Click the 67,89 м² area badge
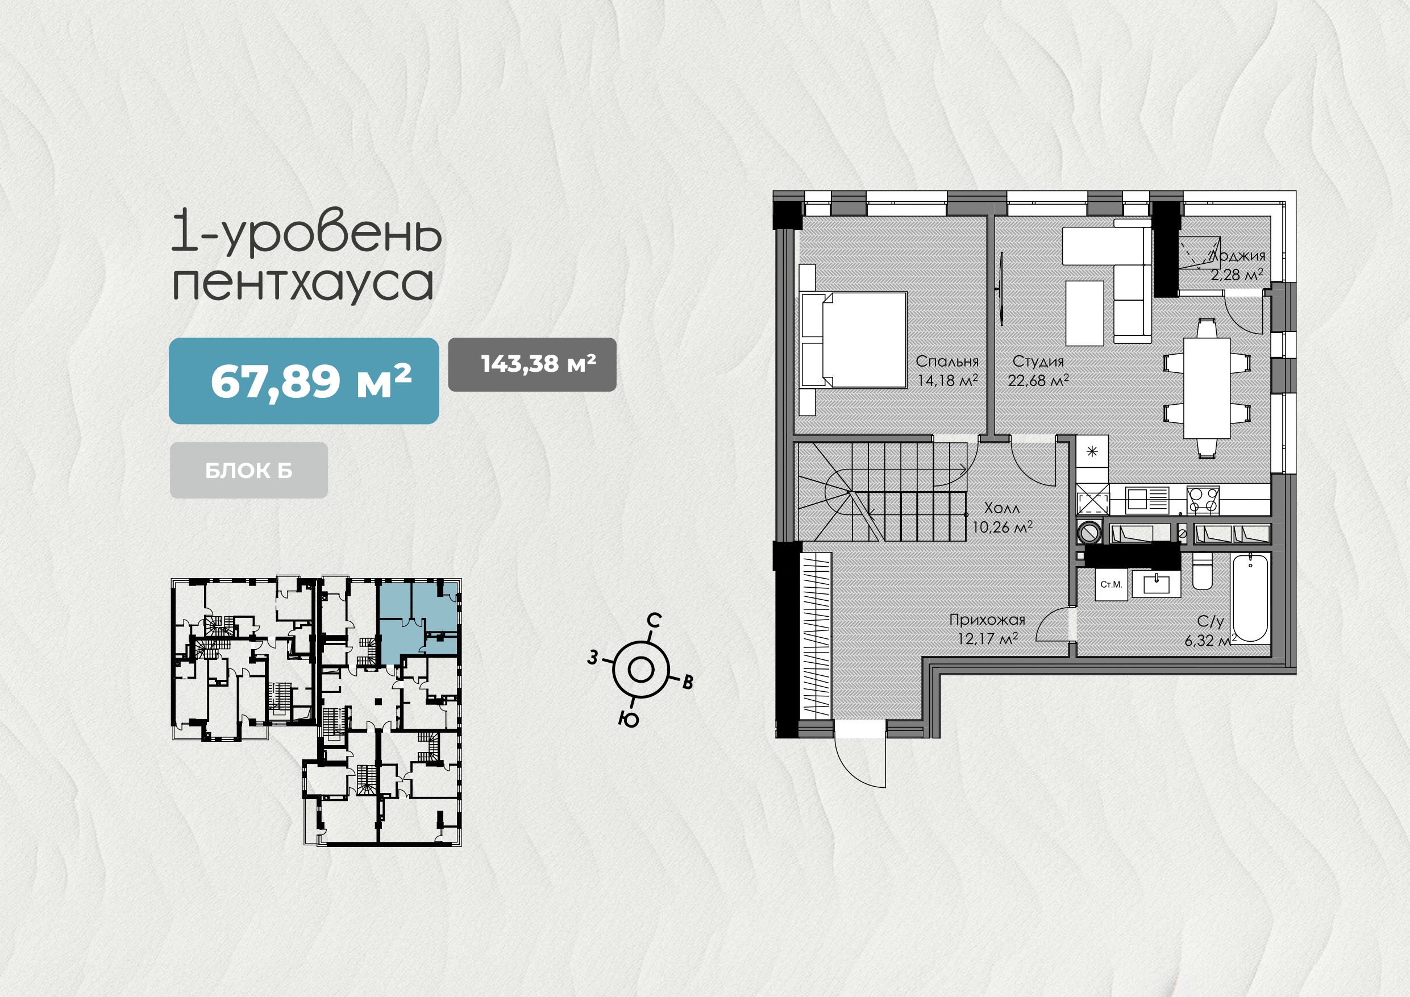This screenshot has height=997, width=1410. tap(304, 381)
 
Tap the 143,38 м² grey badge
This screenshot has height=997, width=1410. tap(532, 364)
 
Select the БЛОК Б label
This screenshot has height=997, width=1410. tap(249, 471)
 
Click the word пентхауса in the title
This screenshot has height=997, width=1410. tap(303, 284)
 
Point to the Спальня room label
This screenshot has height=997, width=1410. tap(947, 361)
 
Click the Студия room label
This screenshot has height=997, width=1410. tap(1038, 361)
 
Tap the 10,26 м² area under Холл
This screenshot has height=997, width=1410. tap(1002, 527)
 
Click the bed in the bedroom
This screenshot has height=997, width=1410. tap(854, 340)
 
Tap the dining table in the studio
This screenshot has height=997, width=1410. tap(1207, 388)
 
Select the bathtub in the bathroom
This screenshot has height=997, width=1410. tap(1250, 598)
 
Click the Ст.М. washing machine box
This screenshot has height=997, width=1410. tap(1111, 584)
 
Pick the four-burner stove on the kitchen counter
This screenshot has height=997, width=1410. tap(1203, 500)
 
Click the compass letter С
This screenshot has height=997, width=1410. tap(655, 620)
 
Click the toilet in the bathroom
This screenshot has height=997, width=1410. tap(1203, 571)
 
